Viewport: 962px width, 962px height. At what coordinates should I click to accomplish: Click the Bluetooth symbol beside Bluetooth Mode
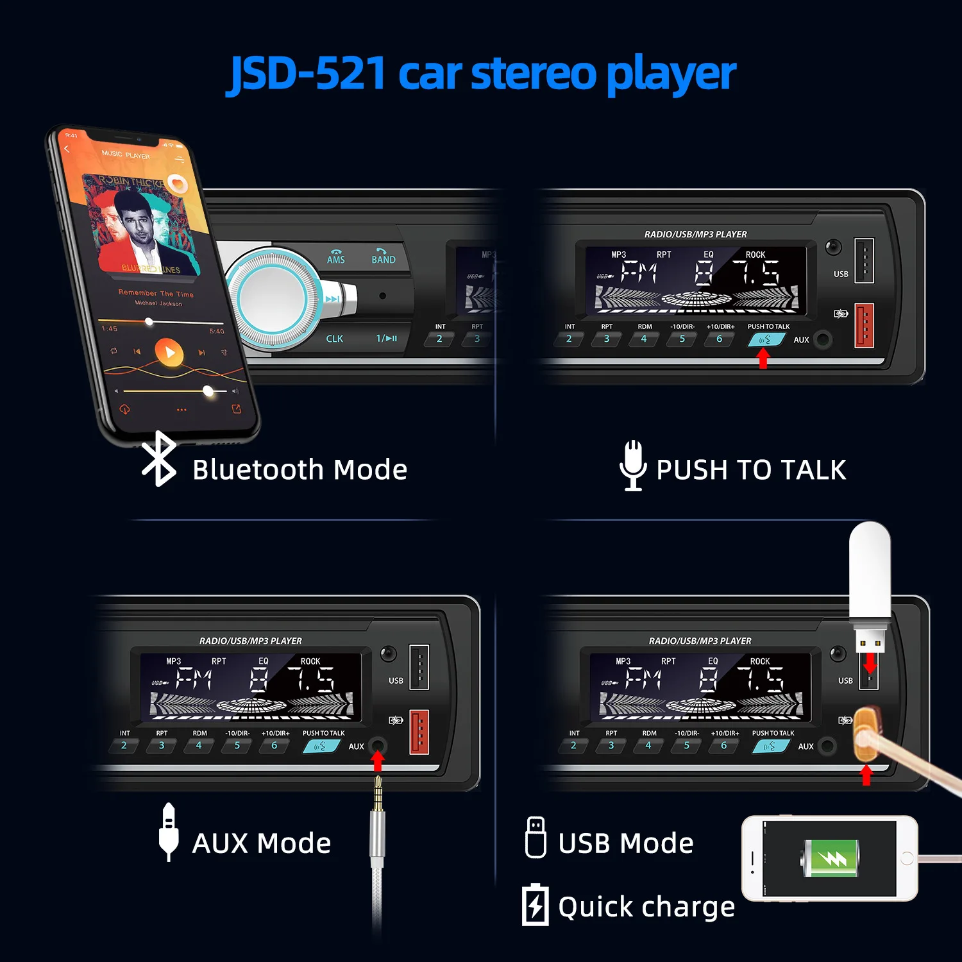pyautogui.click(x=158, y=459)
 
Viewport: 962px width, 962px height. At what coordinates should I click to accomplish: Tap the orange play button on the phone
pyautogui.click(x=169, y=353)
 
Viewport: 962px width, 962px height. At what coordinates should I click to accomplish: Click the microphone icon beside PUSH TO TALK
pyautogui.click(x=633, y=466)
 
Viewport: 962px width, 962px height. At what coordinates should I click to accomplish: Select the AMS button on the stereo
pyautogui.click(x=336, y=257)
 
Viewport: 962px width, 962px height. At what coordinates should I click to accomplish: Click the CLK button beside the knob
pyautogui.click(x=334, y=339)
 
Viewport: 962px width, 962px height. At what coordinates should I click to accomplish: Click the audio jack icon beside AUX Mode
pyautogui.click(x=169, y=832)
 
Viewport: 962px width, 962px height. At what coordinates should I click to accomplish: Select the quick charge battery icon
pyautogui.click(x=535, y=904)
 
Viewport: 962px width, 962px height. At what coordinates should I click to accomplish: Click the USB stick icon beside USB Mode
pyautogui.click(x=536, y=837)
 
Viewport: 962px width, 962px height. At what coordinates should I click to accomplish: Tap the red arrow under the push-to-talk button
pyautogui.click(x=763, y=359)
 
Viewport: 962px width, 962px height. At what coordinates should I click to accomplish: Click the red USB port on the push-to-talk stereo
pyautogui.click(x=864, y=325)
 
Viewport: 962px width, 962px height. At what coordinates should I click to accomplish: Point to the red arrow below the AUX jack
pyautogui.click(x=378, y=761)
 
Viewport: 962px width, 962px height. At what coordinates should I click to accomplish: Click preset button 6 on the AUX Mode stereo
pyautogui.click(x=274, y=746)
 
